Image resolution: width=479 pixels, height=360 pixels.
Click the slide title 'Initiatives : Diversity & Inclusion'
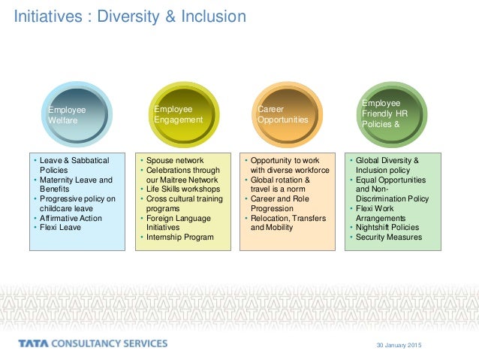tap(131, 15)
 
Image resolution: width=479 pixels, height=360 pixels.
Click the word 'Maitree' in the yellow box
tap(174, 180)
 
